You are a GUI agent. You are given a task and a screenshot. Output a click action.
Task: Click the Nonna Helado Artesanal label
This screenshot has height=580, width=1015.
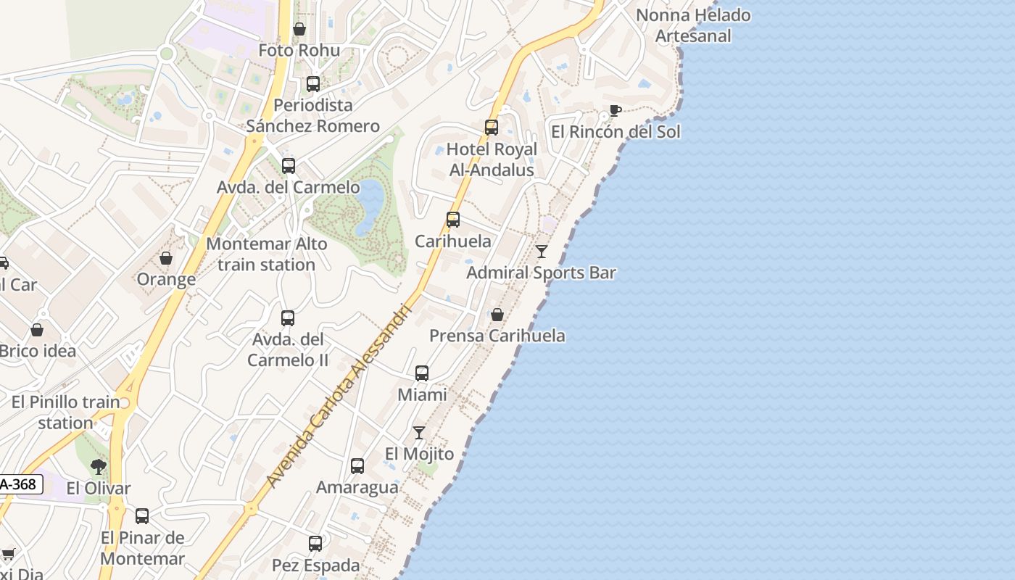[692, 25]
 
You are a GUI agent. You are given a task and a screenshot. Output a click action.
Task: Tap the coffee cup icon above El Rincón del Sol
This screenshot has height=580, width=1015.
[615, 111]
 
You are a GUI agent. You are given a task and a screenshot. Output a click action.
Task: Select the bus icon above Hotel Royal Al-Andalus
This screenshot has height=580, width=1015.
[492, 128]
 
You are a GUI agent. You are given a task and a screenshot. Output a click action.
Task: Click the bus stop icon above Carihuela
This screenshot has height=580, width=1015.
[453, 220]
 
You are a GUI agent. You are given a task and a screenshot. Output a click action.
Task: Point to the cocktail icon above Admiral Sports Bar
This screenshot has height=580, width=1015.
[542, 252]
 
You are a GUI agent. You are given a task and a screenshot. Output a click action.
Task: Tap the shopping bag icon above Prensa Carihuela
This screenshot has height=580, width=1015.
[497, 315]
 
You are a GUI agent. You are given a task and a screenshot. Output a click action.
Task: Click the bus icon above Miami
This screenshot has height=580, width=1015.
[422, 373]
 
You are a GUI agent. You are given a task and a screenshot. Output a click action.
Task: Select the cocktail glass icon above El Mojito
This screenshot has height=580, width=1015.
[419, 433]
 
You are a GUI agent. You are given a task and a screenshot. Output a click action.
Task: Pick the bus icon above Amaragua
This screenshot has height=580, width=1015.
[357, 466]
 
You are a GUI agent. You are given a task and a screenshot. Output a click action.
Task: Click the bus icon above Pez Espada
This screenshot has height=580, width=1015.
[315, 544]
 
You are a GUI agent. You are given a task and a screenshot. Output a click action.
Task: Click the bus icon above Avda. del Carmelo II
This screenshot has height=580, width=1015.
[288, 318]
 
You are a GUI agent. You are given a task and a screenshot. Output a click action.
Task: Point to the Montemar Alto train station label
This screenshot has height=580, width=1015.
[267, 254]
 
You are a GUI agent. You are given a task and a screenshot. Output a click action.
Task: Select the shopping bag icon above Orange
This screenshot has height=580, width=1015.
[166, 258]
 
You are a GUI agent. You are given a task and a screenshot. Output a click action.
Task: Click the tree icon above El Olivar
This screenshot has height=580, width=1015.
[99, 467]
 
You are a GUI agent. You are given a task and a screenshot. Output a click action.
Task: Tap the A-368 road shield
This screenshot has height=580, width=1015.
[19, 484]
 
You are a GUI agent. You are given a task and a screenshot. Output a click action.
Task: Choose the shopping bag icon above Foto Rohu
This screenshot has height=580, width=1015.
[299, 29]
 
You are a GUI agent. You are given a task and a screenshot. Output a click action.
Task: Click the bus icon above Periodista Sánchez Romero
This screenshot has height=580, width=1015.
[313, 84]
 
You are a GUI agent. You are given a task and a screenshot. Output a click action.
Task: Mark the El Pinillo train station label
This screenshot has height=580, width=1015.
[66, 412]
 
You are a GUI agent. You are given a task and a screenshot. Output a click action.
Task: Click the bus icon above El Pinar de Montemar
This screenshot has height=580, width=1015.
[142, 516]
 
